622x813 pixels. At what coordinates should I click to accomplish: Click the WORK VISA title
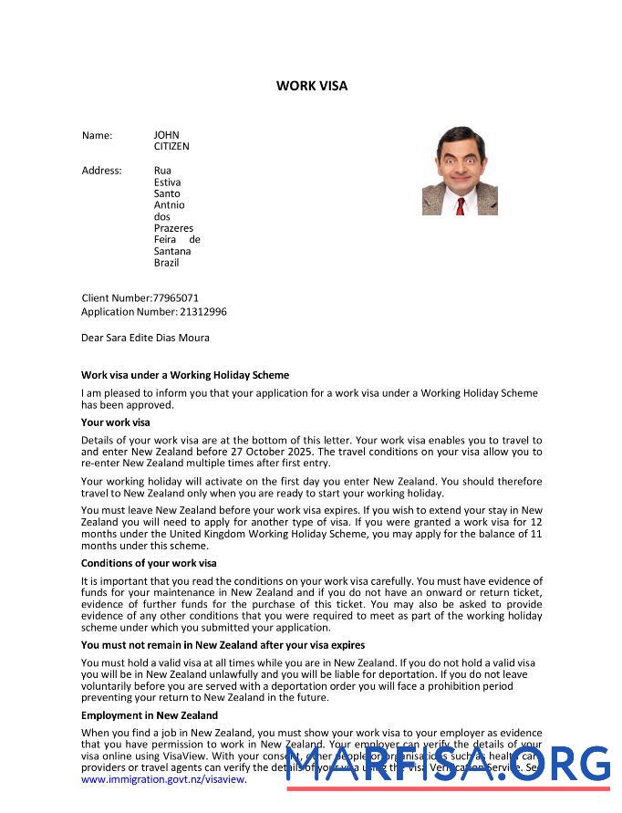click(312, 86)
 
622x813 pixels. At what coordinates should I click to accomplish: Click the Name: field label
click(97, 135)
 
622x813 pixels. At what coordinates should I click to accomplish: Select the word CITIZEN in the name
click(171, 146)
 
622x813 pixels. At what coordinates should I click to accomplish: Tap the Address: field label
click(101, 171)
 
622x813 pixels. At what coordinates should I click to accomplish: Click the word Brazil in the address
click(166, 263)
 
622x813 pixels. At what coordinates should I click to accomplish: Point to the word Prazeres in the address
click(173, 228)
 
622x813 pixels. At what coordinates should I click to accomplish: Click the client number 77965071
click(175, 297)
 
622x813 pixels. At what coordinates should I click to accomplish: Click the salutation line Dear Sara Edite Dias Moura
click(145, 338)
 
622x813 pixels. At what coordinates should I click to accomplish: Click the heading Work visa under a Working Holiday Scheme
click(184, 375)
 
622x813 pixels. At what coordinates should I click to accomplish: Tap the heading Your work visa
click(115, 422)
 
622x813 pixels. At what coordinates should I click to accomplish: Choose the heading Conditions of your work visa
click(149, 563)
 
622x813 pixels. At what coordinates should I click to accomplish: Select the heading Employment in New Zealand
click(149, 715)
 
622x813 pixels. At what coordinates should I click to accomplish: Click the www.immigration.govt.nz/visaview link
click(163, 780)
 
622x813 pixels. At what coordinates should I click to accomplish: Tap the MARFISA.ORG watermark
click(447, 765)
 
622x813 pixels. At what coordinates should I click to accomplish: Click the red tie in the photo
click(461, 205)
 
